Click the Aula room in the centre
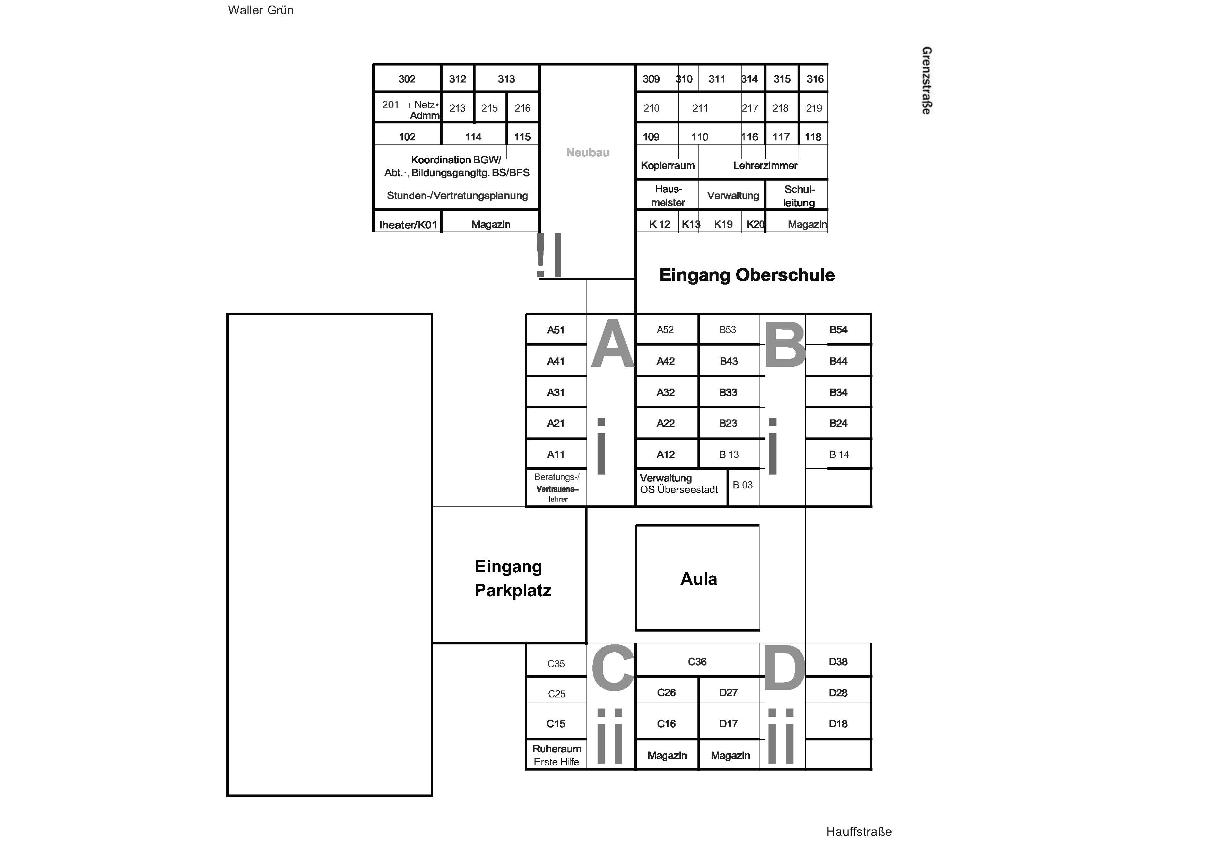point(697,578)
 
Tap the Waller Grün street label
point(260,10)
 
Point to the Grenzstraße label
point(927,80)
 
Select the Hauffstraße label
point(859,831)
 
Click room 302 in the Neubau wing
point(407,79)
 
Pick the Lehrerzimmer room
point(765,165)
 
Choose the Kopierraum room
point(668,165)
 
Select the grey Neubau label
point(588,153)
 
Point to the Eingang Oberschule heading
point(747,275)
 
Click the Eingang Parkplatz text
point(513,578)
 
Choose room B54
point(838,330)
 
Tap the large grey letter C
point(612,667)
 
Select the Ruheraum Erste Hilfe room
point(556,755)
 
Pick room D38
point(838,661)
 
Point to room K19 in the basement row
point(723,224)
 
